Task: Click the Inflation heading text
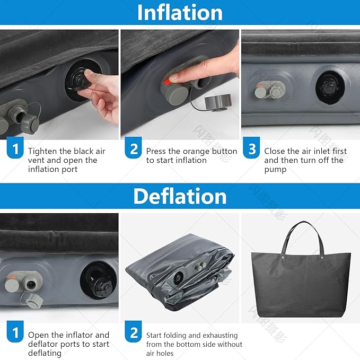(180, 12)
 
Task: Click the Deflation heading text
(180, 196)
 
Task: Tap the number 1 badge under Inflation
(15, 147)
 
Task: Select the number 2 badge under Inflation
(133, 147)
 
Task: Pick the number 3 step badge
(251, 147)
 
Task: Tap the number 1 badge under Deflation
(15, 331)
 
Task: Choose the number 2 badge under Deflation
(133, 331)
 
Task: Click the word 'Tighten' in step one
(42, 152)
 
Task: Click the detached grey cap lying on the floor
(217, 102)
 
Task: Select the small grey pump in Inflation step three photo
(270, 90)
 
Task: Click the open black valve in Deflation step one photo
(98, 281)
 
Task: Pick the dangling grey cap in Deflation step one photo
(34, 301)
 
